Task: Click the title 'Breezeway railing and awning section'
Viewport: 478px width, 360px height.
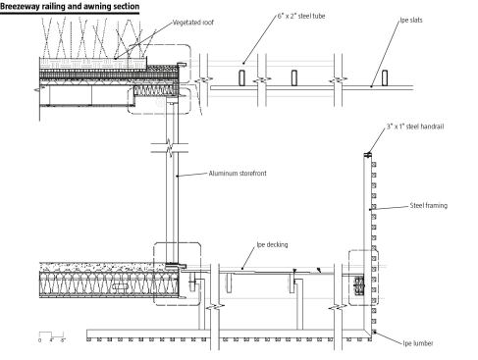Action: click(70, 7)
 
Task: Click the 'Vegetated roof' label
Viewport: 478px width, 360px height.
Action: click(193, 23)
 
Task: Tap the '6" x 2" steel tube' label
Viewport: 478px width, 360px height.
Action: click(301, 16)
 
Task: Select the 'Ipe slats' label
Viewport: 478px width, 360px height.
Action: click(411, 20)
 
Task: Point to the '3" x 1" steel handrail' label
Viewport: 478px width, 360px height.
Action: click(415, 127)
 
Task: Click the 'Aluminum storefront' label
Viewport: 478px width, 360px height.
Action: click(238, 174)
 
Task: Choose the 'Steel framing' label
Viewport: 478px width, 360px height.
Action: click(429, 205)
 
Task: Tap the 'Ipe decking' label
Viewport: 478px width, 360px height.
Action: click(272, 244)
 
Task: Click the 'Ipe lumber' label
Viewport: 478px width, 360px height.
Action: click(418, 343)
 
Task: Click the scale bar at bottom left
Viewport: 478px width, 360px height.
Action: click(51, 336)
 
